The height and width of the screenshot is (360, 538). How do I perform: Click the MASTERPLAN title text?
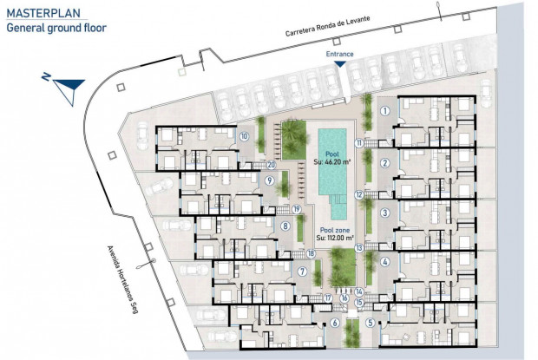coord(43,13)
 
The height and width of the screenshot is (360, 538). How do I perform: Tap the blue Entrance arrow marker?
coord(340,64)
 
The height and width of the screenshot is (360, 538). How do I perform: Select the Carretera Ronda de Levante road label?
coord(328,26)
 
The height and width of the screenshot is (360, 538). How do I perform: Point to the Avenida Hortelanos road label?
coord(122,279)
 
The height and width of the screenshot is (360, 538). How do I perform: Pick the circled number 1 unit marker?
coord(385,111)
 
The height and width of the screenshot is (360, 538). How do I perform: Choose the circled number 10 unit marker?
coord(244,136)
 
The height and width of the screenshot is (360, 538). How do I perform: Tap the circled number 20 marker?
coord(272,165)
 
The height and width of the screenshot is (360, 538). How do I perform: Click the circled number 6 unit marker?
coord(335,323)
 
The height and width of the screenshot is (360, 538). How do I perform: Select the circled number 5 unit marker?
coord(370,323)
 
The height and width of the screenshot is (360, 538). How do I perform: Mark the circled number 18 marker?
coord(312,253)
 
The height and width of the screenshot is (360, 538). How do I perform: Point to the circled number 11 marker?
coord(359,142)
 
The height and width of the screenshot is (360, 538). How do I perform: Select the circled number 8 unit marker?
coord(285,226)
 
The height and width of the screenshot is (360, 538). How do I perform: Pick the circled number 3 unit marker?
coord(385,213)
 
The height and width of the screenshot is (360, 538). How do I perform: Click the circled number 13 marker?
coord(359,247)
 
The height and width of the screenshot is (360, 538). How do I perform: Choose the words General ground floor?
coord(56,28)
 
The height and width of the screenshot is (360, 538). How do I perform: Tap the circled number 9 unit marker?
coord(270,180)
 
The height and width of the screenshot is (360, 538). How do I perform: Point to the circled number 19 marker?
coord(297,209)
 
